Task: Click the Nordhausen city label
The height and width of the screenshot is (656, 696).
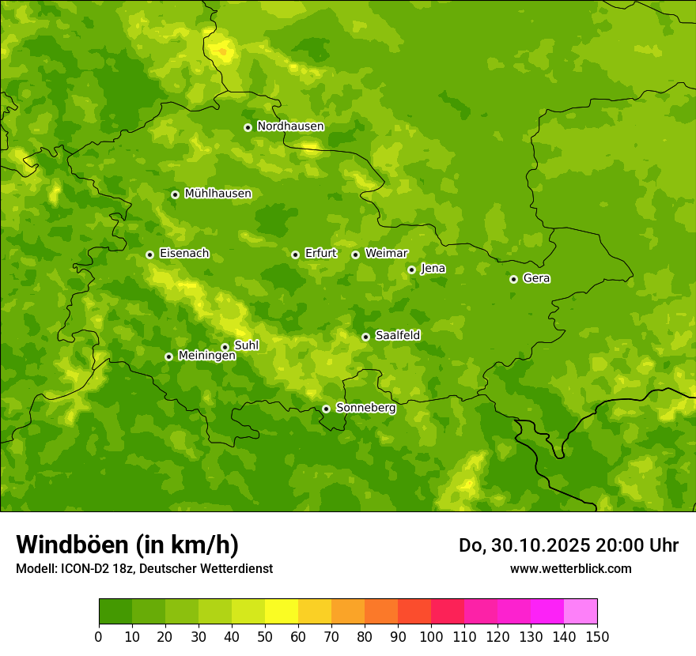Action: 290,126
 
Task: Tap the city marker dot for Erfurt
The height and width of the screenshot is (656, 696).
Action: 295,254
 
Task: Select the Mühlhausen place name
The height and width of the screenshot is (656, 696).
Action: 217,194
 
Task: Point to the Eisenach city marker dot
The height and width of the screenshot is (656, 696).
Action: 149,254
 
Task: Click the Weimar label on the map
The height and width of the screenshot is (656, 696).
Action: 386,254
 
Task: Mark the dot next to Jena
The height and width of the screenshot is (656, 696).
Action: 411,270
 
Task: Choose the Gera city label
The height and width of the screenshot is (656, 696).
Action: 536,278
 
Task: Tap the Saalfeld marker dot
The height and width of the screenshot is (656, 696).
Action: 365,337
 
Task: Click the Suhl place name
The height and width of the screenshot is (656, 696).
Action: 246,345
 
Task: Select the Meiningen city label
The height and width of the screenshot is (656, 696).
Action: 206,356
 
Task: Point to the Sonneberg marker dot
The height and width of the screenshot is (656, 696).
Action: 326,409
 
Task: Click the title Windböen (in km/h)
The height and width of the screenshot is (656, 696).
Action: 127,545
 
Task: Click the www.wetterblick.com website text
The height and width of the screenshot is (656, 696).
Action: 570,568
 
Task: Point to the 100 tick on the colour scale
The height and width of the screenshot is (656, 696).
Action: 431,636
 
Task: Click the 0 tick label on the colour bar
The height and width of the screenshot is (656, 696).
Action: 99,636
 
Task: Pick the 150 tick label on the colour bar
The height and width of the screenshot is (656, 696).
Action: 597,636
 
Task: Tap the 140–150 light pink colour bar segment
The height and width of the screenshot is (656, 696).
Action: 581,612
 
